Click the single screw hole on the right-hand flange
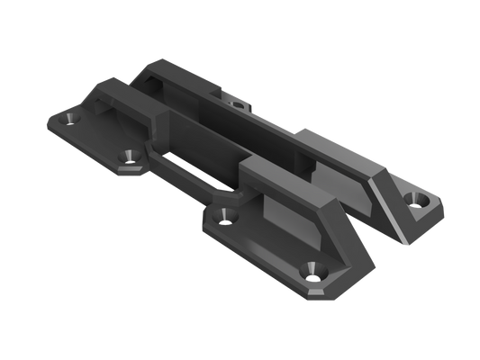point(418,197)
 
